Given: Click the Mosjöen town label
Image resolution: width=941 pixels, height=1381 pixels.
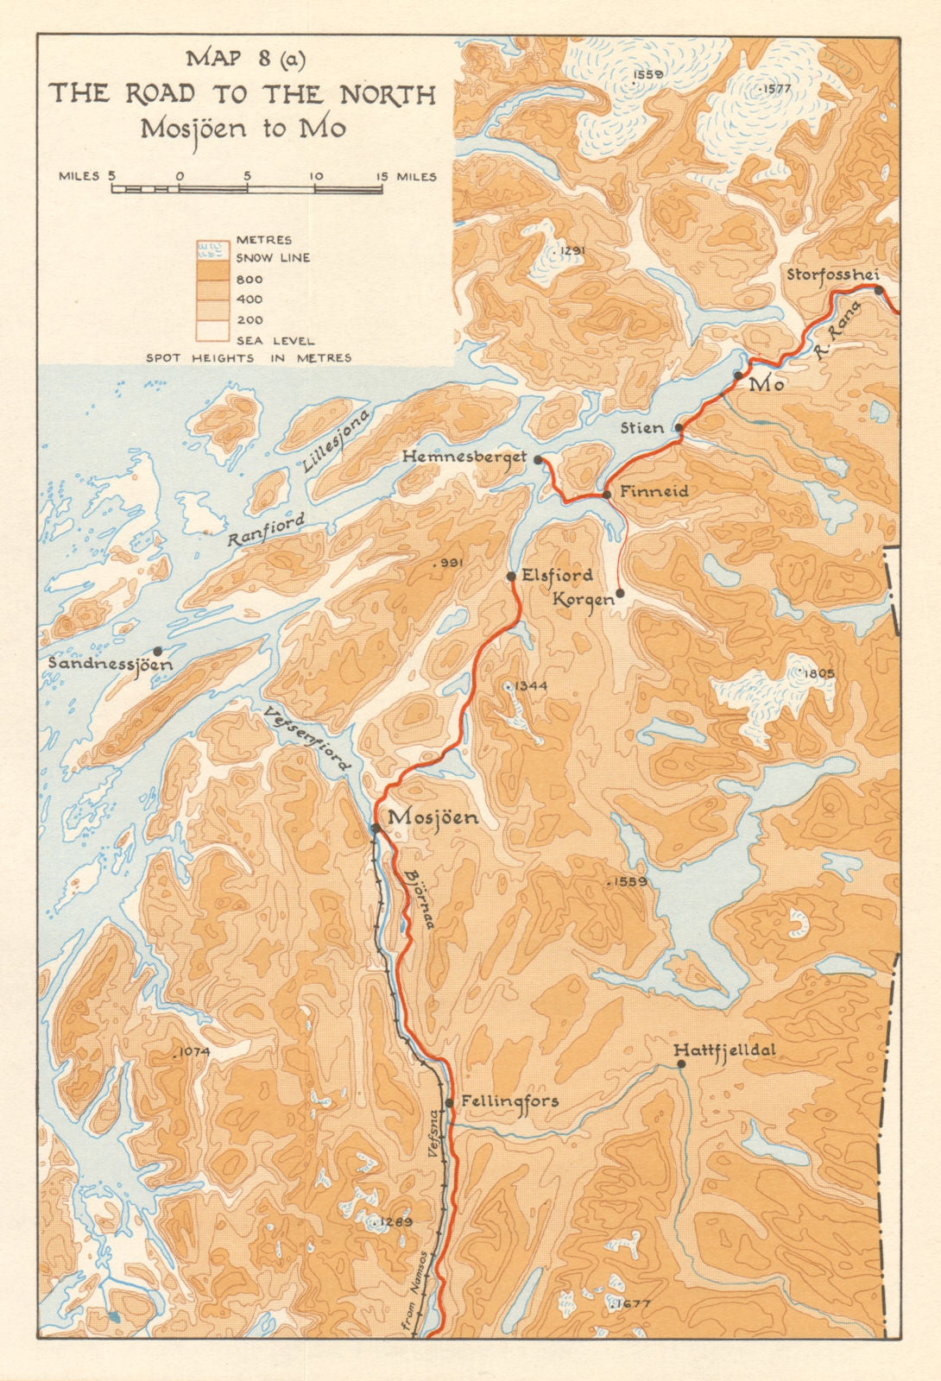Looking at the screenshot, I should point(433,817).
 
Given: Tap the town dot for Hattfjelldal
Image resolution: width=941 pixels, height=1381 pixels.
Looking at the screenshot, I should point(681,1064).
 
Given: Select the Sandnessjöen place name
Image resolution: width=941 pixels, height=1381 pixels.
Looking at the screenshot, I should point(111,665).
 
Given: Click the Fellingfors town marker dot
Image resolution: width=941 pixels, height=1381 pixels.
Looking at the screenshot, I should point(449,1102).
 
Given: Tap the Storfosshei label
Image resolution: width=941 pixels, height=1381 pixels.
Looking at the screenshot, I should point(832,275).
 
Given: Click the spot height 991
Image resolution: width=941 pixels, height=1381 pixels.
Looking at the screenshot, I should point(450,563).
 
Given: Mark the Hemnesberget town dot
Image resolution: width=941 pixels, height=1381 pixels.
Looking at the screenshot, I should point(538,460).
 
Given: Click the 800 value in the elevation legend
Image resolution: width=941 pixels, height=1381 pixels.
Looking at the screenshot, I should point(249,280).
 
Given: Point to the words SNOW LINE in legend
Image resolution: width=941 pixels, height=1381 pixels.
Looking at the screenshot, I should point(273,257).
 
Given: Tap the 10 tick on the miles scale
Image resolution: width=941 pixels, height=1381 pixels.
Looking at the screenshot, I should point(316,176).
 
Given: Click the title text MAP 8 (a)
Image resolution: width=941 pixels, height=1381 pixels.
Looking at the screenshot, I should point(245,60).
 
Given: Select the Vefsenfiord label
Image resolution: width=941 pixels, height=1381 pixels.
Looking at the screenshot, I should point(308,738).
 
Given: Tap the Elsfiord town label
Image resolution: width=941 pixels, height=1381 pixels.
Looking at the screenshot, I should point(557,575).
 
